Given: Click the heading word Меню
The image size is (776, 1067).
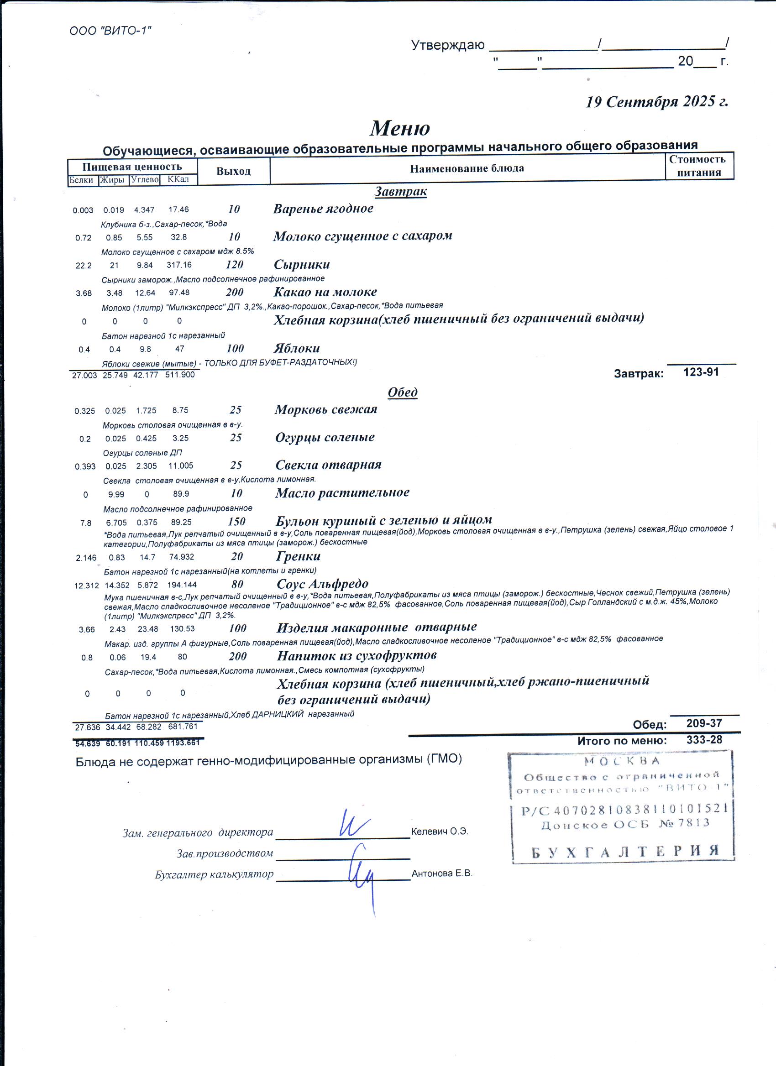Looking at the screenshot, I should point(399,128).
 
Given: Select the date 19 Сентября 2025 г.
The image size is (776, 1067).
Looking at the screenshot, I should point(656,102).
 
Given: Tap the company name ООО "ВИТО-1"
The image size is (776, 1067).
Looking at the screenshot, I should point(110,31).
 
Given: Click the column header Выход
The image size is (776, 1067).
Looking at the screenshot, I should point(233,171).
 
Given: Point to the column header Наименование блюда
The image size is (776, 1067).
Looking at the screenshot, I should point(467,168).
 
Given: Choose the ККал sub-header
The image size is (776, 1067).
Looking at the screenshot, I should point(178,179).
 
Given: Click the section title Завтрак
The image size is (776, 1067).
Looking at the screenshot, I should point(400,192).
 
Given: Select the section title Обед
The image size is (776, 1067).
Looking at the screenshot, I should point(402,392).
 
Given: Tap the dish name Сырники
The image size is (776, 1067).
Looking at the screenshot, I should point(302,264).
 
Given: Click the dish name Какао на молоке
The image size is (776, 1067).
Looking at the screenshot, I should point(325,292).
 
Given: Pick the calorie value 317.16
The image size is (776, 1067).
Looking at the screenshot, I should point(179,265).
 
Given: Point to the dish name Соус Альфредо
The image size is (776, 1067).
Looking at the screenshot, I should point(322,584).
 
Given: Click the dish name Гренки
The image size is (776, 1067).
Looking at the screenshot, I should point(299,556).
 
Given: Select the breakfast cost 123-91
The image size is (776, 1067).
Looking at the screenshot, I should point(701,372).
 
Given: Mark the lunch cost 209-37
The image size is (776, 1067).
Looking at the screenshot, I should point(704,723).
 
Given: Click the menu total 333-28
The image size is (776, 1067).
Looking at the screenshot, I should point(704,740).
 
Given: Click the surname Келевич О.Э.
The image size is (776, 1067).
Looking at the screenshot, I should point(440,832).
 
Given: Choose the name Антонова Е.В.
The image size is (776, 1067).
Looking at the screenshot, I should point(441,873).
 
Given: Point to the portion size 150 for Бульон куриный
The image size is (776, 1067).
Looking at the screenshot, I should point(236,521).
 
